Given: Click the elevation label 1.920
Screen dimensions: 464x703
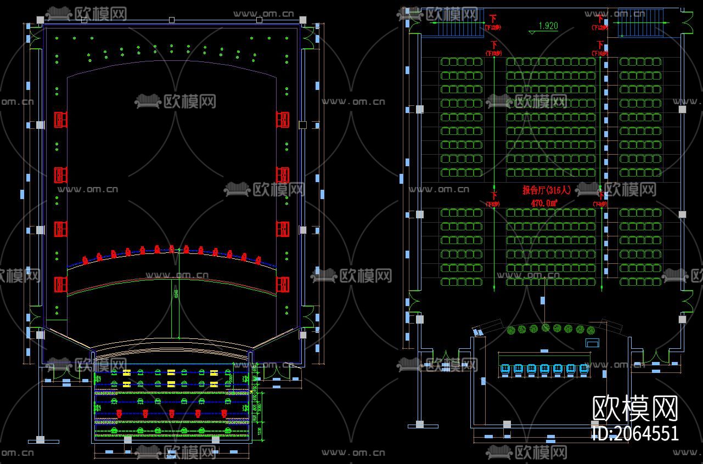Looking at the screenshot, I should coord(548,26).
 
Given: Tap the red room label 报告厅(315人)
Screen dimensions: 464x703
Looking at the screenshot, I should coord(547,190).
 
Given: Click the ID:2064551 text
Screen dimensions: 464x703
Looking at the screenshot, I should coord(635,433).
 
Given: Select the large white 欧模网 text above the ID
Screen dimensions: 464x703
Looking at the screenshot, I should coord(635,408).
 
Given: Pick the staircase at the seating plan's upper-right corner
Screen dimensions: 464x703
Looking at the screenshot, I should coord(636,22).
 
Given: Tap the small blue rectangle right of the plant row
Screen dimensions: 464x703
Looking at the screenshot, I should coord(592,343).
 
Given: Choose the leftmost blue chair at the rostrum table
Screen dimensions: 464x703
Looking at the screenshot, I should coord(505,369).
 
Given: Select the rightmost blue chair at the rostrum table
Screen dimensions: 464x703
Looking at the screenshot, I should coord(584,369).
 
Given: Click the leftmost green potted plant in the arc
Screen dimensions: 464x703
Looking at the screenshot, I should coord(511,330).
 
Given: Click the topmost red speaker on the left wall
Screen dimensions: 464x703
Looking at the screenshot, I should coord(60,119).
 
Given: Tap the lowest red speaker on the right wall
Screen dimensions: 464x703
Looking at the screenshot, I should coord(283,284).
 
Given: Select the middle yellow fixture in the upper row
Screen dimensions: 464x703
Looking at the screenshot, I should coord(171,373).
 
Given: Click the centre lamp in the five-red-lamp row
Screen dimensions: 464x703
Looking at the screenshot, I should coord(171,413).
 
